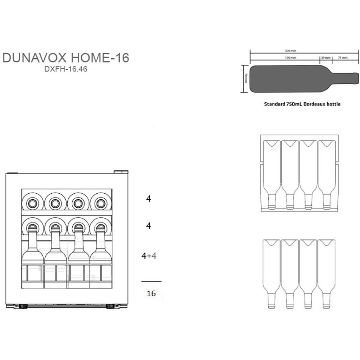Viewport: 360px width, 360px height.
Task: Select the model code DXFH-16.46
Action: point(66,70)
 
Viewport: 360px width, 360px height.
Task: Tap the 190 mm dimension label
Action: point(290,58)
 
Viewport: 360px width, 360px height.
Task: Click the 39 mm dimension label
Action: point(325,58)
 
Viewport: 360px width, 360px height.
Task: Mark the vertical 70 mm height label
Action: point(246,78)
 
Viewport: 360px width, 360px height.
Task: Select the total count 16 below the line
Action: point(151,293)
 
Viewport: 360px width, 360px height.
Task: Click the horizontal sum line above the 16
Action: point(151,281)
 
